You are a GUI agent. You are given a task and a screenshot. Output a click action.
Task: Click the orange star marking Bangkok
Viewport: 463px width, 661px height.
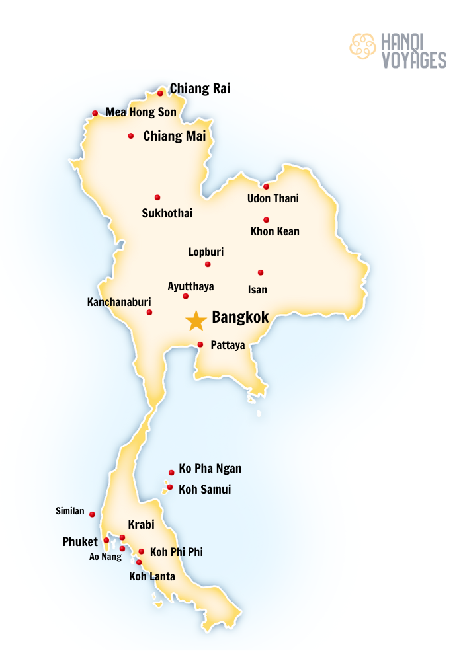[x=196, y=321]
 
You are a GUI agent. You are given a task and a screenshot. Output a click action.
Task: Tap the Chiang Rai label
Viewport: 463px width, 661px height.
[x=200, y=89]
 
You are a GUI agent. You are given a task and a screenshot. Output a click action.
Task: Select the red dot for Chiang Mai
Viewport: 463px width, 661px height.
[x=131, y=136]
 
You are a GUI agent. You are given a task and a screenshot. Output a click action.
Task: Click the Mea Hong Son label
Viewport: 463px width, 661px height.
[x=141, y=112]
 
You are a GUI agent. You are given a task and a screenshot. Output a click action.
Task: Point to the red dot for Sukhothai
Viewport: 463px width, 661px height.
[x=157, y=198]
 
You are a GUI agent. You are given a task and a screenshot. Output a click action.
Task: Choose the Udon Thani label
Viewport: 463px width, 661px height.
[x=273, y=198]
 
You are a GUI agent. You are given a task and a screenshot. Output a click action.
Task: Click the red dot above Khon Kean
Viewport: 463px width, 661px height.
[x=267, y=220]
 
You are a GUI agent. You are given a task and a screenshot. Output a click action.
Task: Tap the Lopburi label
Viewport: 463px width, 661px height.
[x=206, y=252]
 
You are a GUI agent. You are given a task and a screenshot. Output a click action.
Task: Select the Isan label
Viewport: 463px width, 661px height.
[x=257, y=290]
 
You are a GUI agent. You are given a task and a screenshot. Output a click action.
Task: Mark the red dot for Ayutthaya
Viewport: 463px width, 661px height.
[x=186, y=296]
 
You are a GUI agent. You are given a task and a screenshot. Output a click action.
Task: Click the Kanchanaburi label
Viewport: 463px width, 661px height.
[x=119, y=302]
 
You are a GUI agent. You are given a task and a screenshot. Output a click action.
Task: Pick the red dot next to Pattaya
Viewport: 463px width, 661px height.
[x=200, y=344]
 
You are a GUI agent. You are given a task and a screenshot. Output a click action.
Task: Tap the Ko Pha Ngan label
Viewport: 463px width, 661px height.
[x=210, y=469]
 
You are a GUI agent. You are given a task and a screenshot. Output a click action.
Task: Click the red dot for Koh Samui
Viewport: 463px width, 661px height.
[x=170, y=488]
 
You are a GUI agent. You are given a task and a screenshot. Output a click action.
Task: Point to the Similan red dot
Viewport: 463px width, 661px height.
[x=92, y=514]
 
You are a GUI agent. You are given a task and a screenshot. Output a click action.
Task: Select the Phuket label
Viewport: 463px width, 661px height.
[x=80, y=542]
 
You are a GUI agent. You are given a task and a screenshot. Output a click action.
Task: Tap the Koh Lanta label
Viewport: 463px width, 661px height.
[x=152, y=576]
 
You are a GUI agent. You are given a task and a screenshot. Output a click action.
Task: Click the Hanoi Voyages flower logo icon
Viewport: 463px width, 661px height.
[x=362, y=46]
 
